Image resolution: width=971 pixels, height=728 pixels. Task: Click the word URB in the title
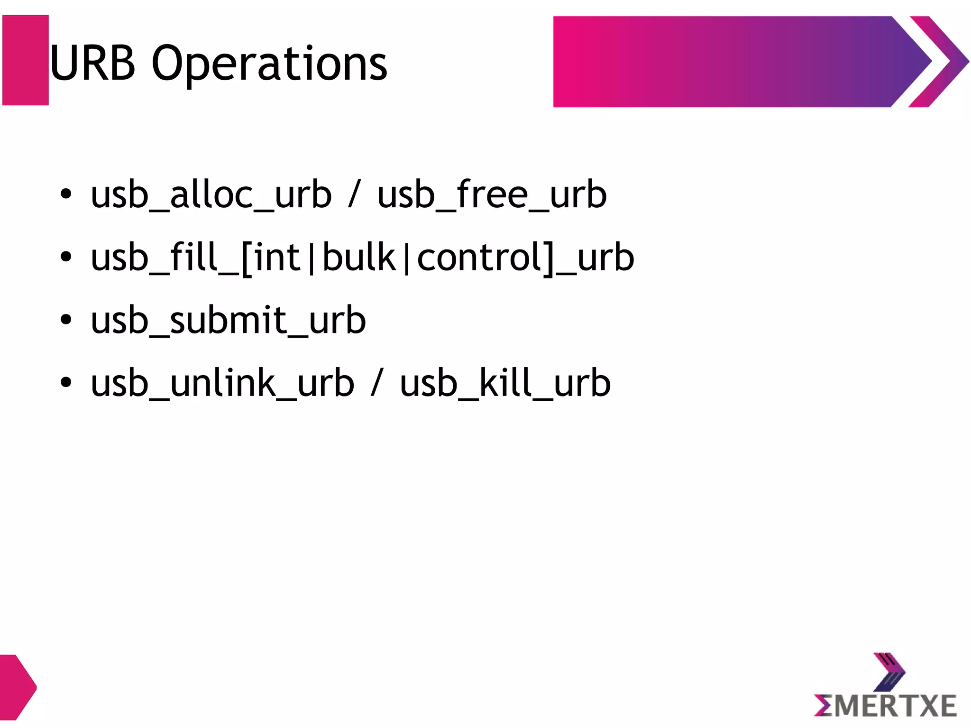click(x=93, y=64)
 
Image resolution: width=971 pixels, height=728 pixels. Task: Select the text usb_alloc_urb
click(x=211, y=195)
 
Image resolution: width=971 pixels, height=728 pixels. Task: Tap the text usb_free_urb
click(x=492, y=195)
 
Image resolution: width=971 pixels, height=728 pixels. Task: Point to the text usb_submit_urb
click(x=228, y=321)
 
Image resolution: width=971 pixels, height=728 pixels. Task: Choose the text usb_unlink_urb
click(x=222, y=383)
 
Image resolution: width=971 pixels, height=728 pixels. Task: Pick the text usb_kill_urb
click(x=505, y=383)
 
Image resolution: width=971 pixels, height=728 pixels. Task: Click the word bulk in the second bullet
click(x=359, y=258)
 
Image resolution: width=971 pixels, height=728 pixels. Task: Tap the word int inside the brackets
click(x=277, y=258)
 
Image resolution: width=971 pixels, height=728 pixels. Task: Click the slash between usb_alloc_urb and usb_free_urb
click(x=354, y=195)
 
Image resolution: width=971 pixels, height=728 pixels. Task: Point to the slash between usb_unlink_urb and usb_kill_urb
click(x=376, y=383)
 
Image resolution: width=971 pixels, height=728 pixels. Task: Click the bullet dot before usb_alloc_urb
click(x=66, y=194)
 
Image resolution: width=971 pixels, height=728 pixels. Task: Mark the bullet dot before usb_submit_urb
click(x=66, y=320)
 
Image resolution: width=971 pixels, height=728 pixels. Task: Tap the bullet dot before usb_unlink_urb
click(x=66, y=382)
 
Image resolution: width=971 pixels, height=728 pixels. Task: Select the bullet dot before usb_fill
click(x=66, y=257)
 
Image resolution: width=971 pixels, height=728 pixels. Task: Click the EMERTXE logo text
click(x=885, y=706)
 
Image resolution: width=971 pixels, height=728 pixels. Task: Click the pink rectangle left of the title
click(x=26, y=60)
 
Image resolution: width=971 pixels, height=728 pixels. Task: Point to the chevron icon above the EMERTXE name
click(x=889, y=672)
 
